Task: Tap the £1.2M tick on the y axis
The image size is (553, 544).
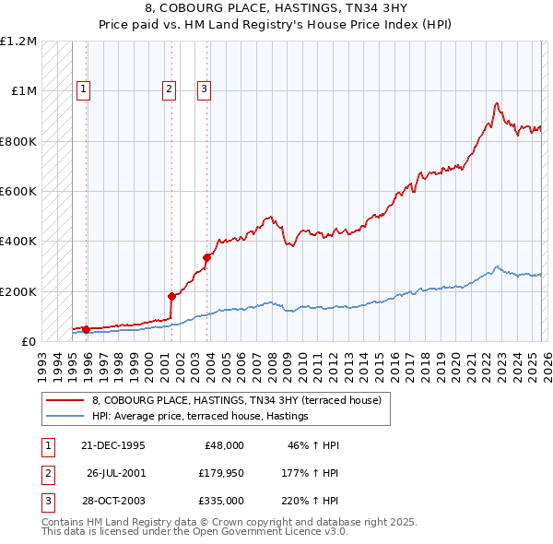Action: point(18,41)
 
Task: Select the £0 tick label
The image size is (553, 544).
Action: point(29,342)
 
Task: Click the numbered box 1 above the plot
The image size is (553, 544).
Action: point(83,89)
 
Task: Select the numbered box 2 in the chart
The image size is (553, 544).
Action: point(170,89)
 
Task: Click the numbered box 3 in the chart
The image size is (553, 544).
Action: point(204,89)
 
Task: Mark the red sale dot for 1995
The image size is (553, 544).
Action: point(86,329)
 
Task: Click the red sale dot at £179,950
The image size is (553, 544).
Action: point(171,296)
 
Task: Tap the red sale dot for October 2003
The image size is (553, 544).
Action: point(206,257)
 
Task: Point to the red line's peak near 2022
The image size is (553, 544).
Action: point(497,103)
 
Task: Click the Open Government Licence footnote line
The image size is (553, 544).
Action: point(194,531)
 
